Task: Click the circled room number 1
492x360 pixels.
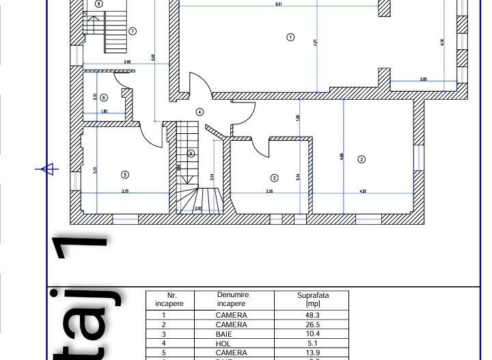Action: click(290, 38)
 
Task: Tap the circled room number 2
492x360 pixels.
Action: click(361, 160)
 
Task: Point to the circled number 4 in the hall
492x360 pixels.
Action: click(200, 111)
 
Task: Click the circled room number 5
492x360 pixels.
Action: click(125, 174)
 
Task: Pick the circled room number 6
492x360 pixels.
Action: click(104, 98)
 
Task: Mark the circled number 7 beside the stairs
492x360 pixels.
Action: click(132, 31)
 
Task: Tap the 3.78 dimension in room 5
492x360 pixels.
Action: click(125, 191)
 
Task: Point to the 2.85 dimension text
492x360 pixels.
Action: click(423, 79)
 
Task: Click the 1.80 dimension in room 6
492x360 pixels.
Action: click(104, 111)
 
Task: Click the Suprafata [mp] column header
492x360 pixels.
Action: click(314, 299)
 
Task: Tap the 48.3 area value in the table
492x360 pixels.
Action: click(314, 316)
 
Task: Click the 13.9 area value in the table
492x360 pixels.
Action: click(314, 352)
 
